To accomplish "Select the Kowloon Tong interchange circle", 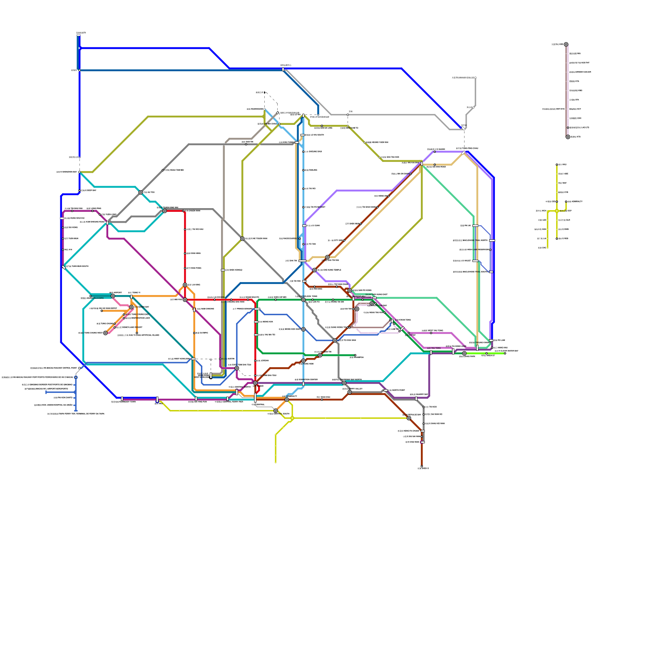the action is (x=303, y=300).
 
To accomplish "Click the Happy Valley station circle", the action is (x=350, y=392).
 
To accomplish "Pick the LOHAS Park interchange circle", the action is (x=464, y=353).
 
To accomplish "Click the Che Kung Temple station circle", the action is (x=315, y=270).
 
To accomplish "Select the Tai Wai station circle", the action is (x=328, y=257).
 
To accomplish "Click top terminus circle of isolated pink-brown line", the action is (x=566, y=45).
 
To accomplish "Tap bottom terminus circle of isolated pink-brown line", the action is (x=568, y=137).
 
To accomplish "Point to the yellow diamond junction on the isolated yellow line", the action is (x=557, y=211).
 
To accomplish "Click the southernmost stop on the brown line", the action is (x=422, y=466).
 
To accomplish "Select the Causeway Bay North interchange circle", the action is (x=344, y=383).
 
